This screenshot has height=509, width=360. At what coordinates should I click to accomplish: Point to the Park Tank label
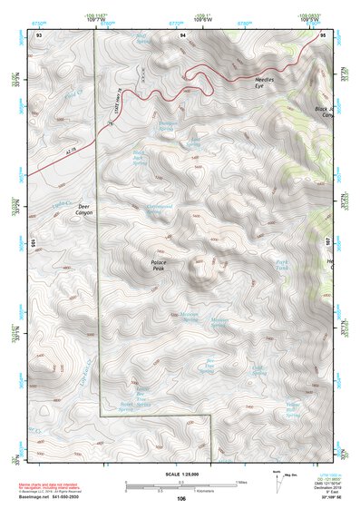(x=283, y=267)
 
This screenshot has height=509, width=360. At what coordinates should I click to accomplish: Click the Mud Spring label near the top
(x=141, y=39)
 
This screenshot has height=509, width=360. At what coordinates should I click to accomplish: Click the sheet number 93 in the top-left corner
(x=40, y=34)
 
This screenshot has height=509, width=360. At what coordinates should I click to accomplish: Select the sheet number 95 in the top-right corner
(x=324, y=34)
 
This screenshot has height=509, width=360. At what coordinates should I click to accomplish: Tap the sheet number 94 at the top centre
(x=182, y=34)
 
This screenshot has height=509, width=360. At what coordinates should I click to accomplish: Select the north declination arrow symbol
(x=275, y=475)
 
